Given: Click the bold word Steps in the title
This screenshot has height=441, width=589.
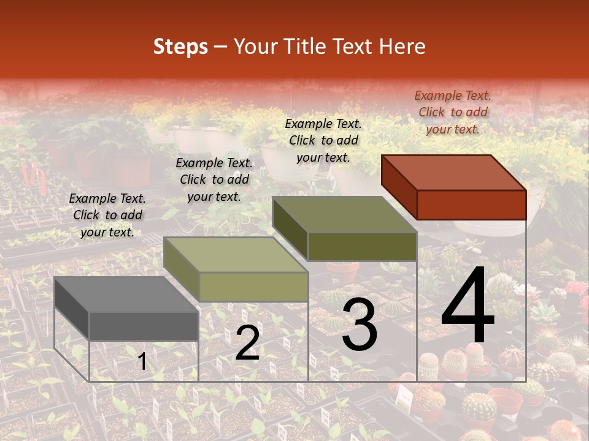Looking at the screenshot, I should [x=180, y=47].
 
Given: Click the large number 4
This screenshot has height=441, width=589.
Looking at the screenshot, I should [x=468, y=306].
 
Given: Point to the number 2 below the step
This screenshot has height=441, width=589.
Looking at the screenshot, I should [x=247, y=343].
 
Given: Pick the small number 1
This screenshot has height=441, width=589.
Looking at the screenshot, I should [x=142, y=361].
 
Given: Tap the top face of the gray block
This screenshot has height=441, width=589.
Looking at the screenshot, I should [x=126, y=295].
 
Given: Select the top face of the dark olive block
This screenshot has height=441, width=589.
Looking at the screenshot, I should [x=344, y=215].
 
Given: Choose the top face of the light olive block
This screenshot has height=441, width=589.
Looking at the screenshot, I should [x=236, y=255].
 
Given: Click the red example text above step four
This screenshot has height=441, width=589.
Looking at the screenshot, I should [x=453, y=112].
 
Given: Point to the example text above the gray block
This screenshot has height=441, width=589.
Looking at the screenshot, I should [x=107, y=215].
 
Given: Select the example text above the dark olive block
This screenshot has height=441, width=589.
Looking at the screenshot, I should [x=323, y=140].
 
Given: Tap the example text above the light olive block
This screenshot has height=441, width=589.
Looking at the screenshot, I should [x=214, y=179].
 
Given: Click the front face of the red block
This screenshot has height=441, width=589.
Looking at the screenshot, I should [x=471, y=205].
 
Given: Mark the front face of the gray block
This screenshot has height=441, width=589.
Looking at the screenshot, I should [x=144, y=326].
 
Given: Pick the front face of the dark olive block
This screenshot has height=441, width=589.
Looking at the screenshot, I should [x=362, y=247].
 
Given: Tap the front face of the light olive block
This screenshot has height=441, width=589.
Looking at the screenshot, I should [x=253, y=287].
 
